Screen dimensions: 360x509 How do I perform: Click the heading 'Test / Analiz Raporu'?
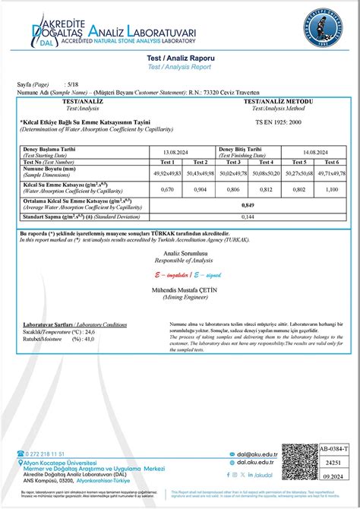(180, 57)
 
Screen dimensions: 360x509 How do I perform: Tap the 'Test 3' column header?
(233, 162)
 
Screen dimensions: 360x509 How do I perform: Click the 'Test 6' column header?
(331, 162)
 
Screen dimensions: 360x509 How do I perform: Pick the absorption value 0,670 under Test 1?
(168, 189)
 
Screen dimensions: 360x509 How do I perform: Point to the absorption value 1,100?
(331, 189)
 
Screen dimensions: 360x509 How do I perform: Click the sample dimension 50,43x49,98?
(201, 173)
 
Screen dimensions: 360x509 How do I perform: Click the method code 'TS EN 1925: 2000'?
(279, 122)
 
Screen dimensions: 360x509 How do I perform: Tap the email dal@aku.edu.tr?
(255, 454)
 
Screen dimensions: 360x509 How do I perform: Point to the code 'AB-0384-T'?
(335, 448)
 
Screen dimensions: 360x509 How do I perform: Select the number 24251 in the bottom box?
(335, 462)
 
